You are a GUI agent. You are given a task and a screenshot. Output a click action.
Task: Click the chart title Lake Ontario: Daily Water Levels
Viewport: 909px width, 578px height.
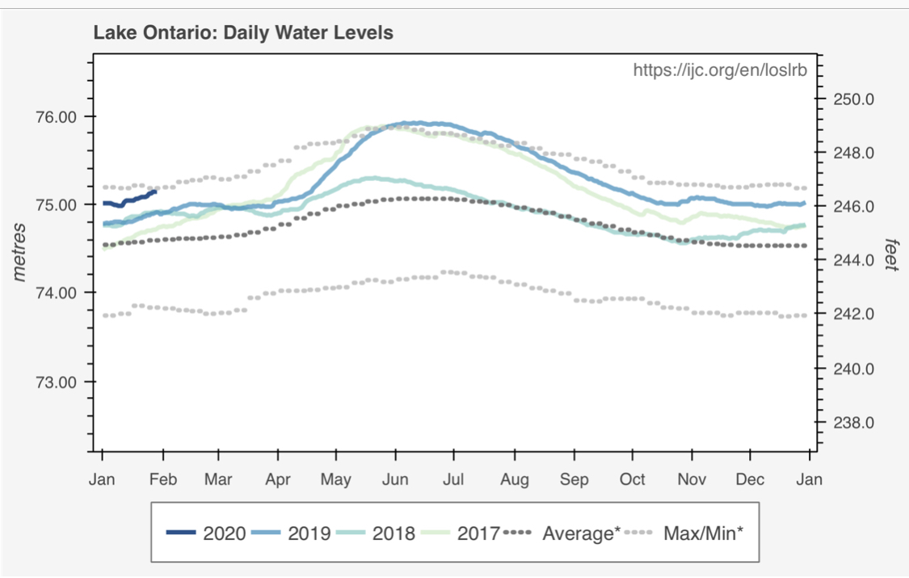click(243, 34)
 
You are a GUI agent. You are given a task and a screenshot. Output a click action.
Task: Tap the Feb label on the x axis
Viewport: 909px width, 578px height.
click(163, 479)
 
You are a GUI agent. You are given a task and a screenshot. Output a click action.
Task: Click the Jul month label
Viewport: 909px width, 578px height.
click(453, 479)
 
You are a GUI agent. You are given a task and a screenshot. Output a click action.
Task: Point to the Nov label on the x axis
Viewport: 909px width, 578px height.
click(692, 479)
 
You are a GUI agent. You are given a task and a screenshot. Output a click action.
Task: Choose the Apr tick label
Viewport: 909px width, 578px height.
click(278, 479)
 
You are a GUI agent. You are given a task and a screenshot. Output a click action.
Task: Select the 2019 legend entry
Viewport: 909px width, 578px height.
click(291, 534)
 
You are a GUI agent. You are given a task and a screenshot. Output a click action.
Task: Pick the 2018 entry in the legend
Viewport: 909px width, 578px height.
click(377, 534)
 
